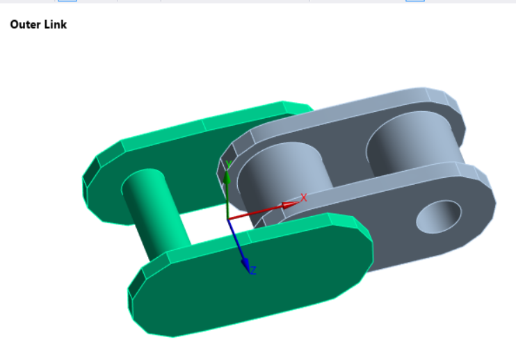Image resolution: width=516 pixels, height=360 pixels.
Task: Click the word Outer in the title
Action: (x=25, y=25)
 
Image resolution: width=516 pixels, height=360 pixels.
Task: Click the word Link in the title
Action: (x=55, y=25)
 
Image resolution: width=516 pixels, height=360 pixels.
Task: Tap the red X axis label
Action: (x=303, y=198)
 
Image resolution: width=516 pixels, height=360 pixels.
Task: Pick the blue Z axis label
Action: (x=252, y=270)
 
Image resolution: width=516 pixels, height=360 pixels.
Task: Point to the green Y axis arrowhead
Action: (x=227, y=177)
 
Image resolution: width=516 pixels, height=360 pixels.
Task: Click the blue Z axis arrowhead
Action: (x=245, y=263)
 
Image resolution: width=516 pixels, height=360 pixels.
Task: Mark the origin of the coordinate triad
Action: (x=228, y=219)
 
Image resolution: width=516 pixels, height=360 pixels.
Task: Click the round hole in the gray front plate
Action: (x=438, y=217)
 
